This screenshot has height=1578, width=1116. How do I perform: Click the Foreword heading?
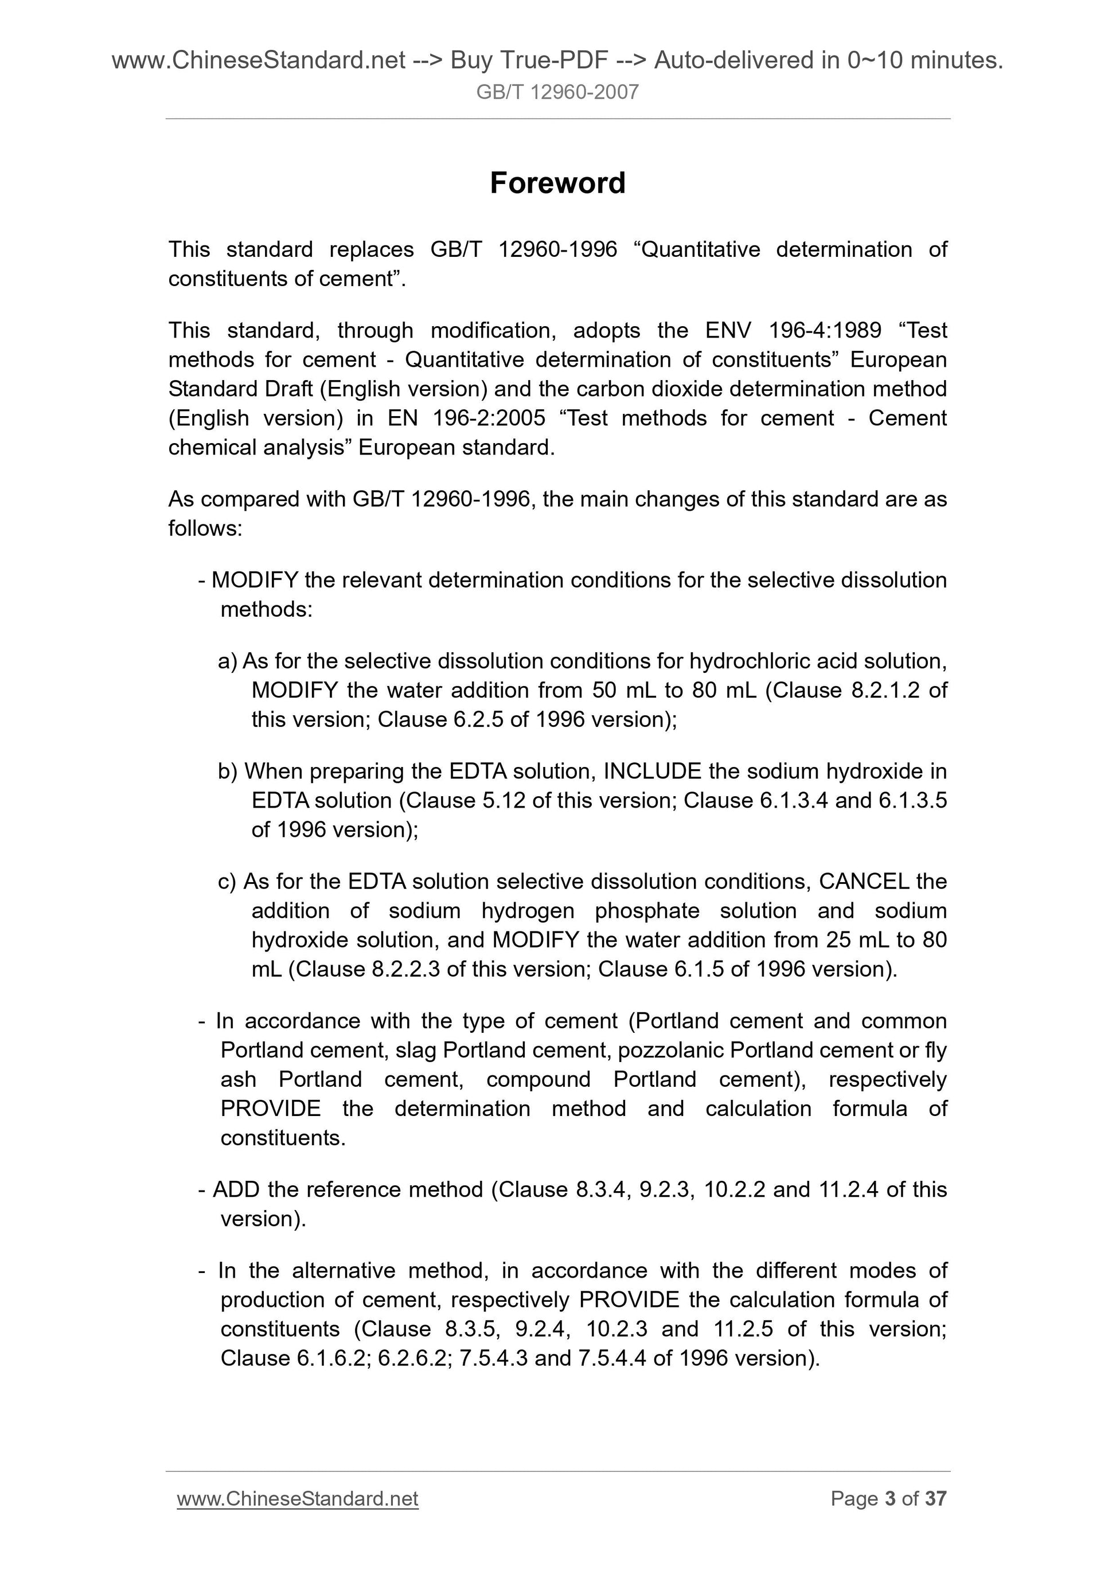pos(557,183)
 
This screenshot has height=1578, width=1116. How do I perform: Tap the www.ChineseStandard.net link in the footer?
pos(297,1498)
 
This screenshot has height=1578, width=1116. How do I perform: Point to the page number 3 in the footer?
pos(891,1498)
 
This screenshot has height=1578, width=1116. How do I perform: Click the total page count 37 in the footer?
pos(936,1498)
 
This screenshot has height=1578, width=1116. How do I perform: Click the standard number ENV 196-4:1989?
pos(794,331)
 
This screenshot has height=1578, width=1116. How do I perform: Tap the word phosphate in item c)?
pos(647,911)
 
